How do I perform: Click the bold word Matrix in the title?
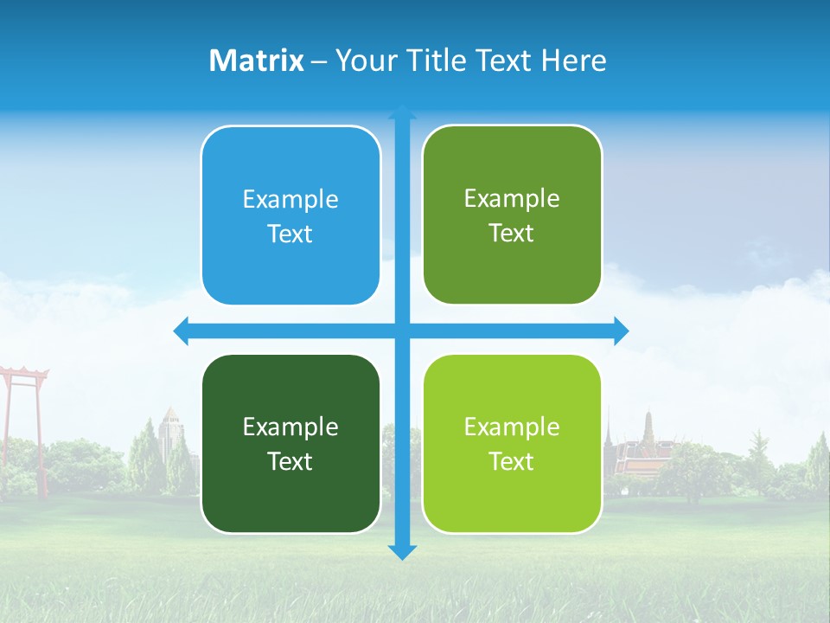click(x=257, y=61)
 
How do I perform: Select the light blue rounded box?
click(x=290, y=215)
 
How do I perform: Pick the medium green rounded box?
click(x=512, y=215)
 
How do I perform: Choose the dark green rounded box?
click(x=290, y=443)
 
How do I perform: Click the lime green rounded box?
click(x=512, y=443)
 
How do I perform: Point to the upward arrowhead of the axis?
click(x=402, y=112)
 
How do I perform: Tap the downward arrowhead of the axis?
click(x=402, y=552)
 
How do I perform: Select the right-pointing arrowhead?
click(x=621, y=331)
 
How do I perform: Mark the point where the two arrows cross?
click(x=402, y=331)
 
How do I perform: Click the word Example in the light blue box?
click(x=290, y=200)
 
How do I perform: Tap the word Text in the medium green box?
click(x=512, y=234)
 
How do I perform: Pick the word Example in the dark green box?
click(x=290, y=427)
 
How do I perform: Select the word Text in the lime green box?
click(x=512, y=461)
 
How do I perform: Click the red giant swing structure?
click(x=23, y=407)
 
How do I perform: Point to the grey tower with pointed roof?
click(x=169, y=433)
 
